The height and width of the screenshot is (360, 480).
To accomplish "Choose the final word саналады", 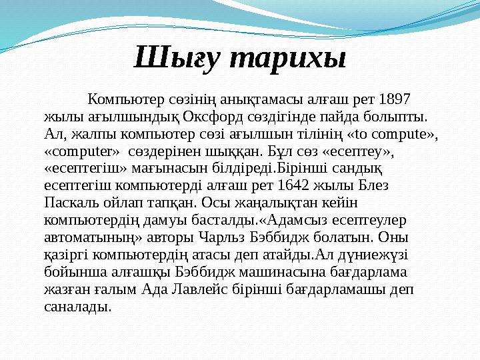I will pyautogui.click(x=77, y=306).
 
